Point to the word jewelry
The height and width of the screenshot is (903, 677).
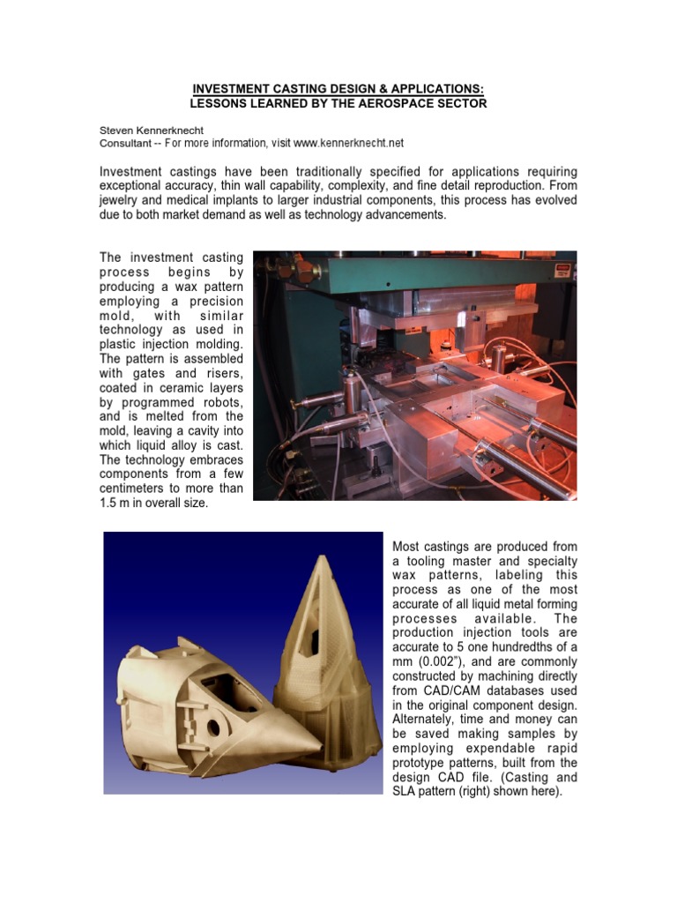121,199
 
